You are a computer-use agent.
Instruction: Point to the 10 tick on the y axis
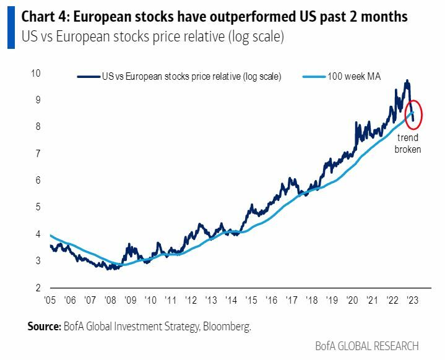point(35,73)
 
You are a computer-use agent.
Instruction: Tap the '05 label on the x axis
point(50,301)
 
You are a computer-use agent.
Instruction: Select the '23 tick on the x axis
point(412,301)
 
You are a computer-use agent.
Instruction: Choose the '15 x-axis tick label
point(251,301)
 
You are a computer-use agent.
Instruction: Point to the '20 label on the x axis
point(352,301)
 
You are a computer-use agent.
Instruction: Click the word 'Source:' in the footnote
point(43,326)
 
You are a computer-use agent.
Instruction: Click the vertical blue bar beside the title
point(11,27)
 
